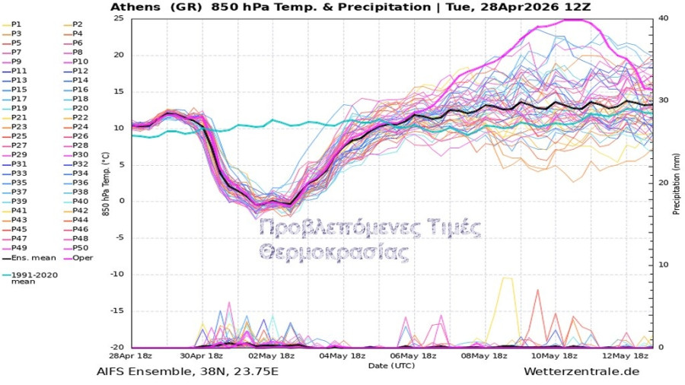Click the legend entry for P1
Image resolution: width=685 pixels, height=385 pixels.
click(17, 24)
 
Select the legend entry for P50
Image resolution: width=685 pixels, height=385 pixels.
click(78, 248)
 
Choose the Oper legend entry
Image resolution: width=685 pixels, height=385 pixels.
click(78, 258)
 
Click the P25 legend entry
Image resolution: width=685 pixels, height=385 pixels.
click(18, 135)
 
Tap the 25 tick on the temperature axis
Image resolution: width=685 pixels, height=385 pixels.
click(119, 17)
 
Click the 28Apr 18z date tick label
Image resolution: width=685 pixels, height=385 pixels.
click(131, 356)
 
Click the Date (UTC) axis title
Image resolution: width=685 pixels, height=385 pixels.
click(393, 366)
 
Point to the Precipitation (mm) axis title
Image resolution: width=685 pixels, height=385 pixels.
click(676, 183)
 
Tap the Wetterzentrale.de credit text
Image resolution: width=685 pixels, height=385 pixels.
click(581, 371)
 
